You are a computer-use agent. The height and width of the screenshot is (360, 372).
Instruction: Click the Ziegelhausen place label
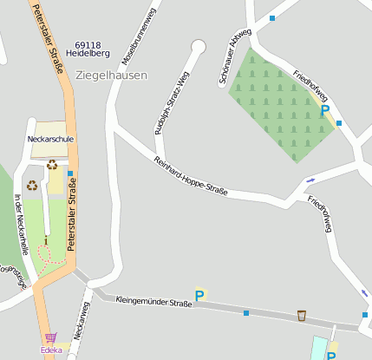pos(112,75)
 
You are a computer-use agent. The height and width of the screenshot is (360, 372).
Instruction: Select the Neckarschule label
pos(50,139)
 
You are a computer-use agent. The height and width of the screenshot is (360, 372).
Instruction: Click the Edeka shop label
pos(51,350)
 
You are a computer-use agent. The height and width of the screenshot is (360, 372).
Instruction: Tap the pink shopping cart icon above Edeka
pos(50,338)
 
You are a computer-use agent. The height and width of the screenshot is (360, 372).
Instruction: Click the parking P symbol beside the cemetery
pos(325,111)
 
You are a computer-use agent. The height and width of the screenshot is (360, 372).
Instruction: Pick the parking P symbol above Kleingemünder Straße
pos(199,296)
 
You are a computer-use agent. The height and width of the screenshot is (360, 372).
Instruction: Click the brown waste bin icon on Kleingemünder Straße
pos(301,315)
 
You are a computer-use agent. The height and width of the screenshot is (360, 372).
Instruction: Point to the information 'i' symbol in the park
pos(46,239)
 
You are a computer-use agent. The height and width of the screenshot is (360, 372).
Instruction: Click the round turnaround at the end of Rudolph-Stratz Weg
pos(199,46)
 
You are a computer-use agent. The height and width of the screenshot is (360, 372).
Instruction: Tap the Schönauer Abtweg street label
pos(235,56)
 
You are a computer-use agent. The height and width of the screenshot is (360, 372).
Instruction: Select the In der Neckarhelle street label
pos(22,224)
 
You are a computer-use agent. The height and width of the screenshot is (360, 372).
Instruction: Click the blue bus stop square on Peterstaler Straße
pos(70,173)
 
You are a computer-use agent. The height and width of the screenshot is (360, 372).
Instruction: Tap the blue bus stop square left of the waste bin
pos(246,312)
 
